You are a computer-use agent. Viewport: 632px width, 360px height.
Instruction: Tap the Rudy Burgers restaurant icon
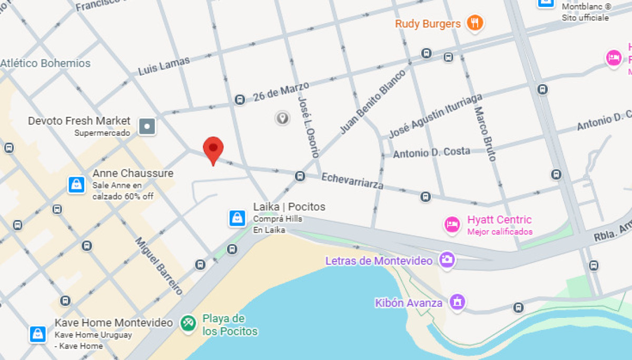[x=476, y=23]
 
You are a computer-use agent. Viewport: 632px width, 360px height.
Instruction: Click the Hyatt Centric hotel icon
[x=452, y=225]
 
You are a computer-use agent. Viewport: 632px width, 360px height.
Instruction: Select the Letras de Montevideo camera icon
[x=447, y=259]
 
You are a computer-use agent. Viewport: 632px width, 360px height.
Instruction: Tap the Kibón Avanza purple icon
[x=457, y=302]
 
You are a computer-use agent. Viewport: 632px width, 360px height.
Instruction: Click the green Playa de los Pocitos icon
[x=188, y=323]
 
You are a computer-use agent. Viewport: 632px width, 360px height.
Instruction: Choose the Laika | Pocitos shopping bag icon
[x=237, y=218]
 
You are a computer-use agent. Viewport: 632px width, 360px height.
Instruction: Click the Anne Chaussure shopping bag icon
[x=76, y=185]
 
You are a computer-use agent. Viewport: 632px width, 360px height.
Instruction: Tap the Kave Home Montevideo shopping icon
[x=38, y=334]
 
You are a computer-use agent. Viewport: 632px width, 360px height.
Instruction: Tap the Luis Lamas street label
[x=164, y=66]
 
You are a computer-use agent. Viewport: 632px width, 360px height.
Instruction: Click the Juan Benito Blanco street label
[x=372, y=101]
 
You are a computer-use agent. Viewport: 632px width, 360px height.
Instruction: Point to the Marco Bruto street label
[x=486, y=134]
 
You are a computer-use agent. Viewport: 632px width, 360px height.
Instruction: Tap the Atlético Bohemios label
[x=45, y=63]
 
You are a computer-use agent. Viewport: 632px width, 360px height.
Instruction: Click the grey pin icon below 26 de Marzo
[x=282, y=118]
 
